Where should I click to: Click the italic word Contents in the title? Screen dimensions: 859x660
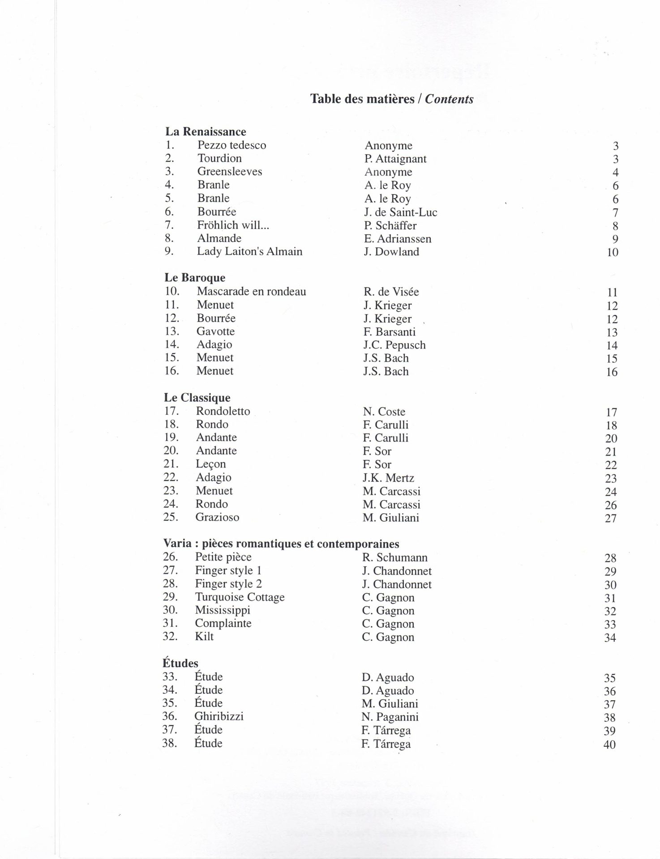click(x=449, y=99)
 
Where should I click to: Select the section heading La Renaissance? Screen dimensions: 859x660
click(x=206, y=132)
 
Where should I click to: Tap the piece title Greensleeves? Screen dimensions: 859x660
click(x=229, y=171)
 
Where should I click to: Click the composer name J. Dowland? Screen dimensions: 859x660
click(x=391, y=251)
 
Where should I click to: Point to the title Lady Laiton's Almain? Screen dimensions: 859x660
click(x=249, y=251)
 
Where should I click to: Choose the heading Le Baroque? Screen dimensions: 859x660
click(x=195, y=278)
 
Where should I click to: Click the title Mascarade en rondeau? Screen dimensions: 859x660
click(x=251, y=292)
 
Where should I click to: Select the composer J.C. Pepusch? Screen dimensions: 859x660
click(x=394, y=345)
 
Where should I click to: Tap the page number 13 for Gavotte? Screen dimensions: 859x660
click(x=611, y=332)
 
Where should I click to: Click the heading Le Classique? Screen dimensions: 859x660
click(x=197, y=398)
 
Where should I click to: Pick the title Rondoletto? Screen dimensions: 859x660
click(x=223, y=411)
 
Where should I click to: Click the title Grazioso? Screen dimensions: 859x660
click(x=217, y=517)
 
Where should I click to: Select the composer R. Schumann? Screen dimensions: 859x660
click(x=394, y=557)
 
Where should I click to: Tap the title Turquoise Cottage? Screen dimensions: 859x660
click(x=240, y=597)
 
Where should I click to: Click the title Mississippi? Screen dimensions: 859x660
click(x=223, y=610)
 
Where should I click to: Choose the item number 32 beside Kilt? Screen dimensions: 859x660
click(x=170, y=636)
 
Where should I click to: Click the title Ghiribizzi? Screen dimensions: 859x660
click(x=219, y=716)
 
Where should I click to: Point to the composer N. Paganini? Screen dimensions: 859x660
click(x=390, y=717)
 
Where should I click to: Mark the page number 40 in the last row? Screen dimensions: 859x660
click(x=609, y=744)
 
